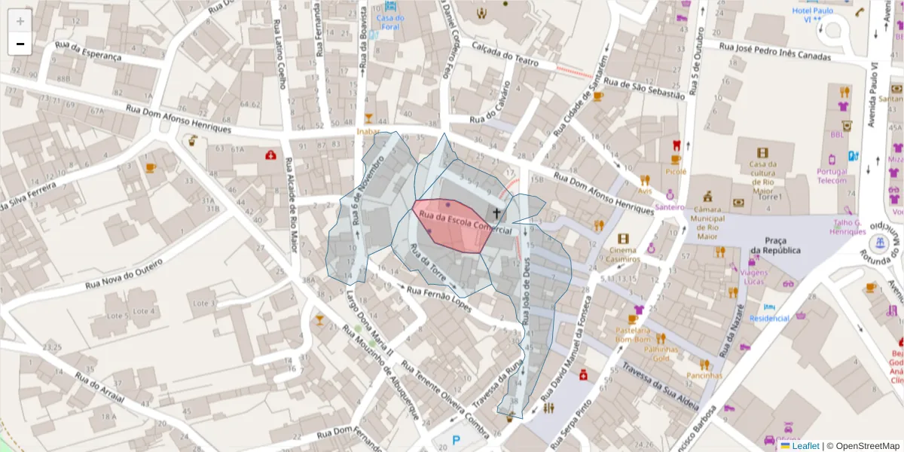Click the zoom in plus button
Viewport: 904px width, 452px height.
(x=20, y=21)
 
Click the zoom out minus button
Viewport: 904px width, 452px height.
(x=20, y=44)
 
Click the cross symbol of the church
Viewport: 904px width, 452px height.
(x=496, y=213)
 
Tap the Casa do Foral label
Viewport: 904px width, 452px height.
(x=390, y=23)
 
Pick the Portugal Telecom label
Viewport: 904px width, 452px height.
(x=832, y=176)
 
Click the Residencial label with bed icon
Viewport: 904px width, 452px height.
(x=769, y=318)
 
